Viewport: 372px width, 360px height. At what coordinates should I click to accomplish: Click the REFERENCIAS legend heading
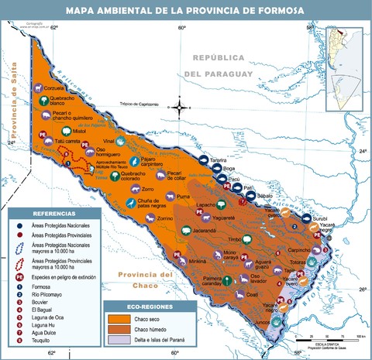point(53,213)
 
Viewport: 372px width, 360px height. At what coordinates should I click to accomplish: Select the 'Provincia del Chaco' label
point(142,279)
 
